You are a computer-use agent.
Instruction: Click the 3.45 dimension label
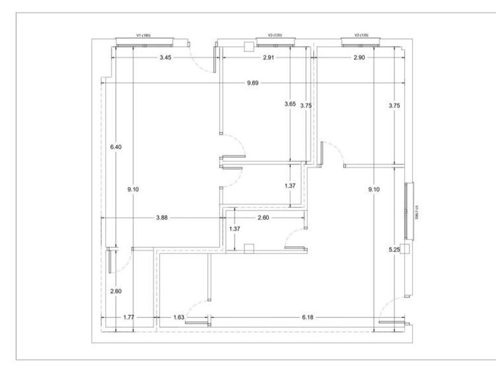[166, 57]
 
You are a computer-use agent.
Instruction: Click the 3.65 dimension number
[290, 104]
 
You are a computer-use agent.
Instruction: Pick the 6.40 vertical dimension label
[115, 147]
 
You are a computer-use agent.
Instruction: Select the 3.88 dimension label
[162, 218]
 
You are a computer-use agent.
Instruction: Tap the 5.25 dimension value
[394, 250]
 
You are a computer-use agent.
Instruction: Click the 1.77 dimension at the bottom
[129, 318]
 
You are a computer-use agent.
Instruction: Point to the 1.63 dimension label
[179, 318]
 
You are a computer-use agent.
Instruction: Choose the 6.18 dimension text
[308, 318]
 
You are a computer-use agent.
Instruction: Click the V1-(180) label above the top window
[143, 35]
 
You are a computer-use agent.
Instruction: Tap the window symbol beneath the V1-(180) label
[145, 41]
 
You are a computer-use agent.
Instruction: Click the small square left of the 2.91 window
[249, 46]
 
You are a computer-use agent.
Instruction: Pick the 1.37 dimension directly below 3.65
[290, 186]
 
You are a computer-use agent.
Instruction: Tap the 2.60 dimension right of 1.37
[264, 218]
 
